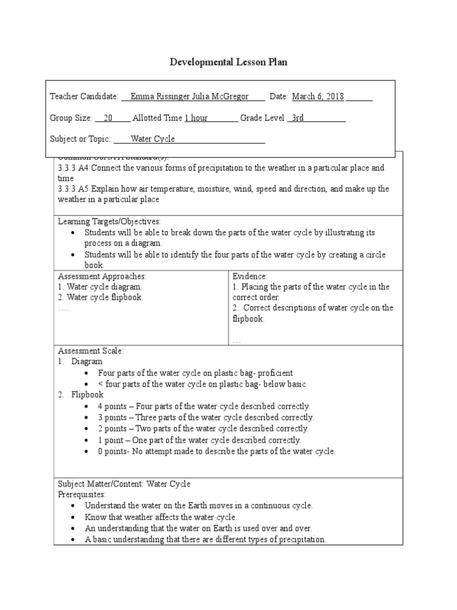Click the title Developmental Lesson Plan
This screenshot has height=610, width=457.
tap(228, 63)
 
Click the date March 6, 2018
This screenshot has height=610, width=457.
tap(317, 97)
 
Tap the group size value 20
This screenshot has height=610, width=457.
tap(108, 118)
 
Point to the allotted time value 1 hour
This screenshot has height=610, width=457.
tap(196, 118)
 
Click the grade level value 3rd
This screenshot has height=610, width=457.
tap(298, 118)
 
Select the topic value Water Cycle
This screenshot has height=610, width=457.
tap(153, 139)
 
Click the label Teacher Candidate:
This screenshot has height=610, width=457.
tap(84, 97)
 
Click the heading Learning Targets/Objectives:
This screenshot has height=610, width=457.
tap(109, 222)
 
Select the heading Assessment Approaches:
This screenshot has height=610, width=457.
tap(102, 276)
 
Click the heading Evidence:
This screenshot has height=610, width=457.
tap(250, 276)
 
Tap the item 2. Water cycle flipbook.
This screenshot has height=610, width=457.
tap(101, 297)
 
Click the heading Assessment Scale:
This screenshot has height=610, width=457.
tap(90, 351)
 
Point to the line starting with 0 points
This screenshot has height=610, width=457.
tap(217, 451)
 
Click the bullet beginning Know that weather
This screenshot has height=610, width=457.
tap(161, 517)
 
